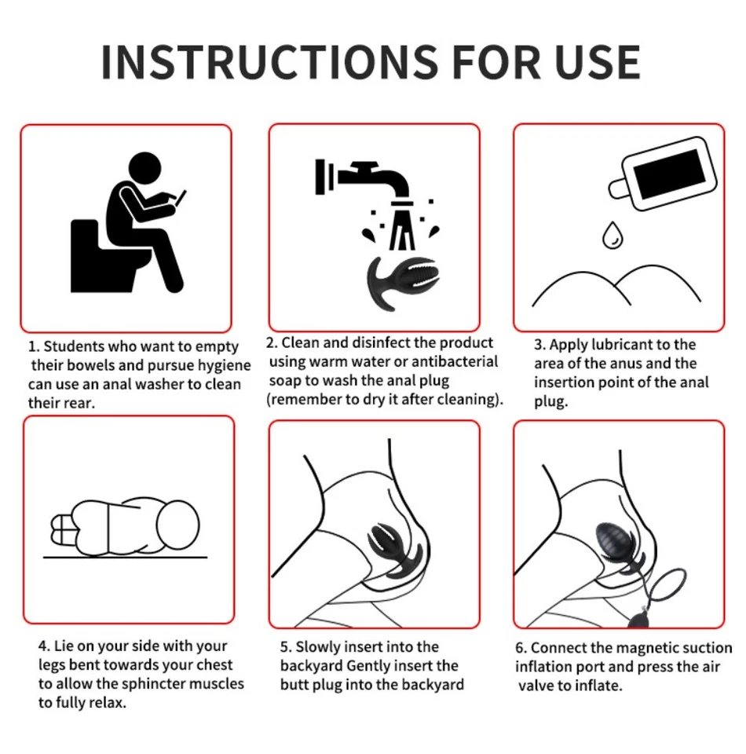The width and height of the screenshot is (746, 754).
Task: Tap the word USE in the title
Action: pos(597,63)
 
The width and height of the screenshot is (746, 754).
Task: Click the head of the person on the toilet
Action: pos(145,168)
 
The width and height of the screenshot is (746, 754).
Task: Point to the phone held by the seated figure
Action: pos(181,198)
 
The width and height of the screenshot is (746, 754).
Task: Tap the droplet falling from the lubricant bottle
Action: pos(613,235)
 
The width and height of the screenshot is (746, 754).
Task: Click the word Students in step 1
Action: pos(74,346)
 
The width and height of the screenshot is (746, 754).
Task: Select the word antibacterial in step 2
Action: pos(455,361)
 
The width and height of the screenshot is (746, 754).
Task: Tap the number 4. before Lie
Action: pos(44,646)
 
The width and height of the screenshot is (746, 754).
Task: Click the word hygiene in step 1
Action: pos(225,366)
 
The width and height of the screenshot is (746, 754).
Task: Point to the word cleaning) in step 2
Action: pos(469,400)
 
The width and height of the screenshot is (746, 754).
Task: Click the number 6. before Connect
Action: pos(521,648)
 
